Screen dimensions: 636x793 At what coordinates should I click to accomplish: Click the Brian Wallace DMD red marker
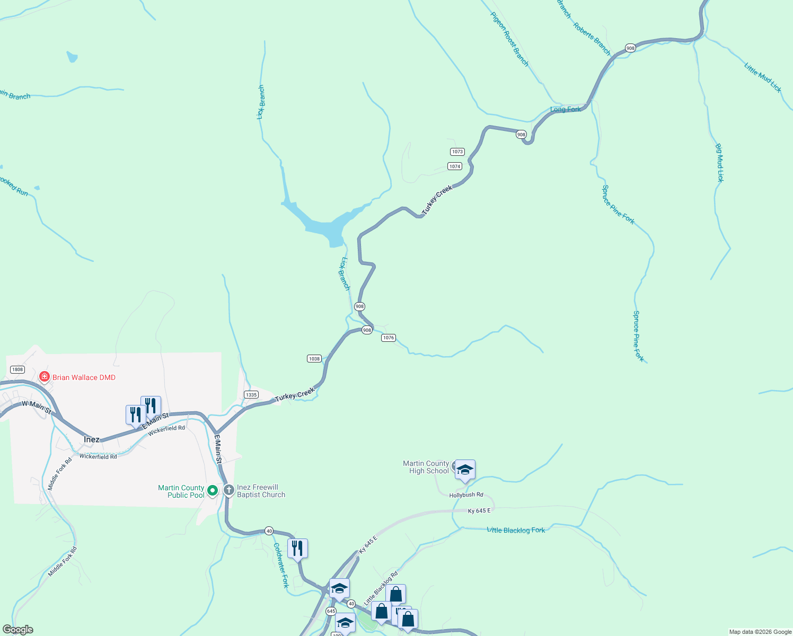45,377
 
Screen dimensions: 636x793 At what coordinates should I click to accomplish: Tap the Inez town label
91,439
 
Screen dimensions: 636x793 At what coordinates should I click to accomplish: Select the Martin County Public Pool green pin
213,491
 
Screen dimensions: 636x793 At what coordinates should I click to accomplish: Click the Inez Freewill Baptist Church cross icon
228,490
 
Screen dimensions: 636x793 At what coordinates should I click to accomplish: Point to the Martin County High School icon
465,470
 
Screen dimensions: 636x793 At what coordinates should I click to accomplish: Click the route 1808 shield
17,369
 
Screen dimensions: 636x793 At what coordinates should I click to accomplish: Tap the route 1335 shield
251,394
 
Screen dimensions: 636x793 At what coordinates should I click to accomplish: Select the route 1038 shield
314,359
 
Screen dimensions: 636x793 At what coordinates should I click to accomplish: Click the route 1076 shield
389,338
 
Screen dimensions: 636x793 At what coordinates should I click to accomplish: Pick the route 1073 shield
457,152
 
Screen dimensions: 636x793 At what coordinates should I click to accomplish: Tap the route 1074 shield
455,166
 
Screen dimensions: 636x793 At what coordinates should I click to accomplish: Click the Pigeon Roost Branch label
509,40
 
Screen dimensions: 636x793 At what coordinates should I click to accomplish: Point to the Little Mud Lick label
763,77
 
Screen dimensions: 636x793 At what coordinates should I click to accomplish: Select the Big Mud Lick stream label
719,163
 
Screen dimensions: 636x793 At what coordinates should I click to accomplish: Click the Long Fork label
565,110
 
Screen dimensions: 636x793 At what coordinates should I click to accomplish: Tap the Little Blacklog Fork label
516,530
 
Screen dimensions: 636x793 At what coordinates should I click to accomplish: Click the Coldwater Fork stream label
281,565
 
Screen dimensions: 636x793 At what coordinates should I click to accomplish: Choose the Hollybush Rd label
466,495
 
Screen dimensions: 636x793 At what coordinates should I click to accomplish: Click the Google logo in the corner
18,630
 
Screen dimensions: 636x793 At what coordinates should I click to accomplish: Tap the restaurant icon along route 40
297,548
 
